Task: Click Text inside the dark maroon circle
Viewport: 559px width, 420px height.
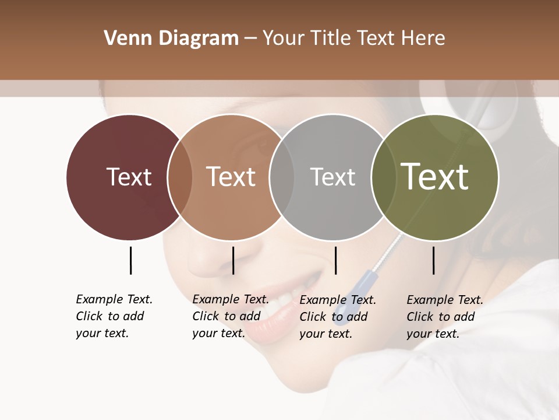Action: click(129, 177)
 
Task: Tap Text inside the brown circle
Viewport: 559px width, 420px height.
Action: click(231, 177)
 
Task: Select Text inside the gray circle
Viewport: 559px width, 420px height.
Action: click(332, 177)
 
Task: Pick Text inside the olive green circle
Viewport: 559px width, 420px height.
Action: click(434, 177)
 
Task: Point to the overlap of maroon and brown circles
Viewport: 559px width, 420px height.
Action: click(180, 177)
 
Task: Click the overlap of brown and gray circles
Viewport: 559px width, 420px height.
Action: click(282, 177)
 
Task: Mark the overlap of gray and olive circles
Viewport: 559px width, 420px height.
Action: click(382, 177)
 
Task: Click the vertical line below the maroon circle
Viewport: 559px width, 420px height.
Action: click(130, 260)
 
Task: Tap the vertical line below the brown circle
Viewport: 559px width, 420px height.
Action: click(233, 260)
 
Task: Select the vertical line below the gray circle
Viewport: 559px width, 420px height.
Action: click(335, 260)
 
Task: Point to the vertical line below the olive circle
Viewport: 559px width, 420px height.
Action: click(433, 260)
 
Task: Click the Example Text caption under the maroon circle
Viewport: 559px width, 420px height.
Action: click(114, 316)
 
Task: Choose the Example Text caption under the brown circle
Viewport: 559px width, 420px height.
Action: click(230, 316)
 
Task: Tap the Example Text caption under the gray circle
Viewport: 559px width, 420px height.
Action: click(337, 316)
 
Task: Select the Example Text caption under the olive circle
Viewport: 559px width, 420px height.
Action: click(444, 316)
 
